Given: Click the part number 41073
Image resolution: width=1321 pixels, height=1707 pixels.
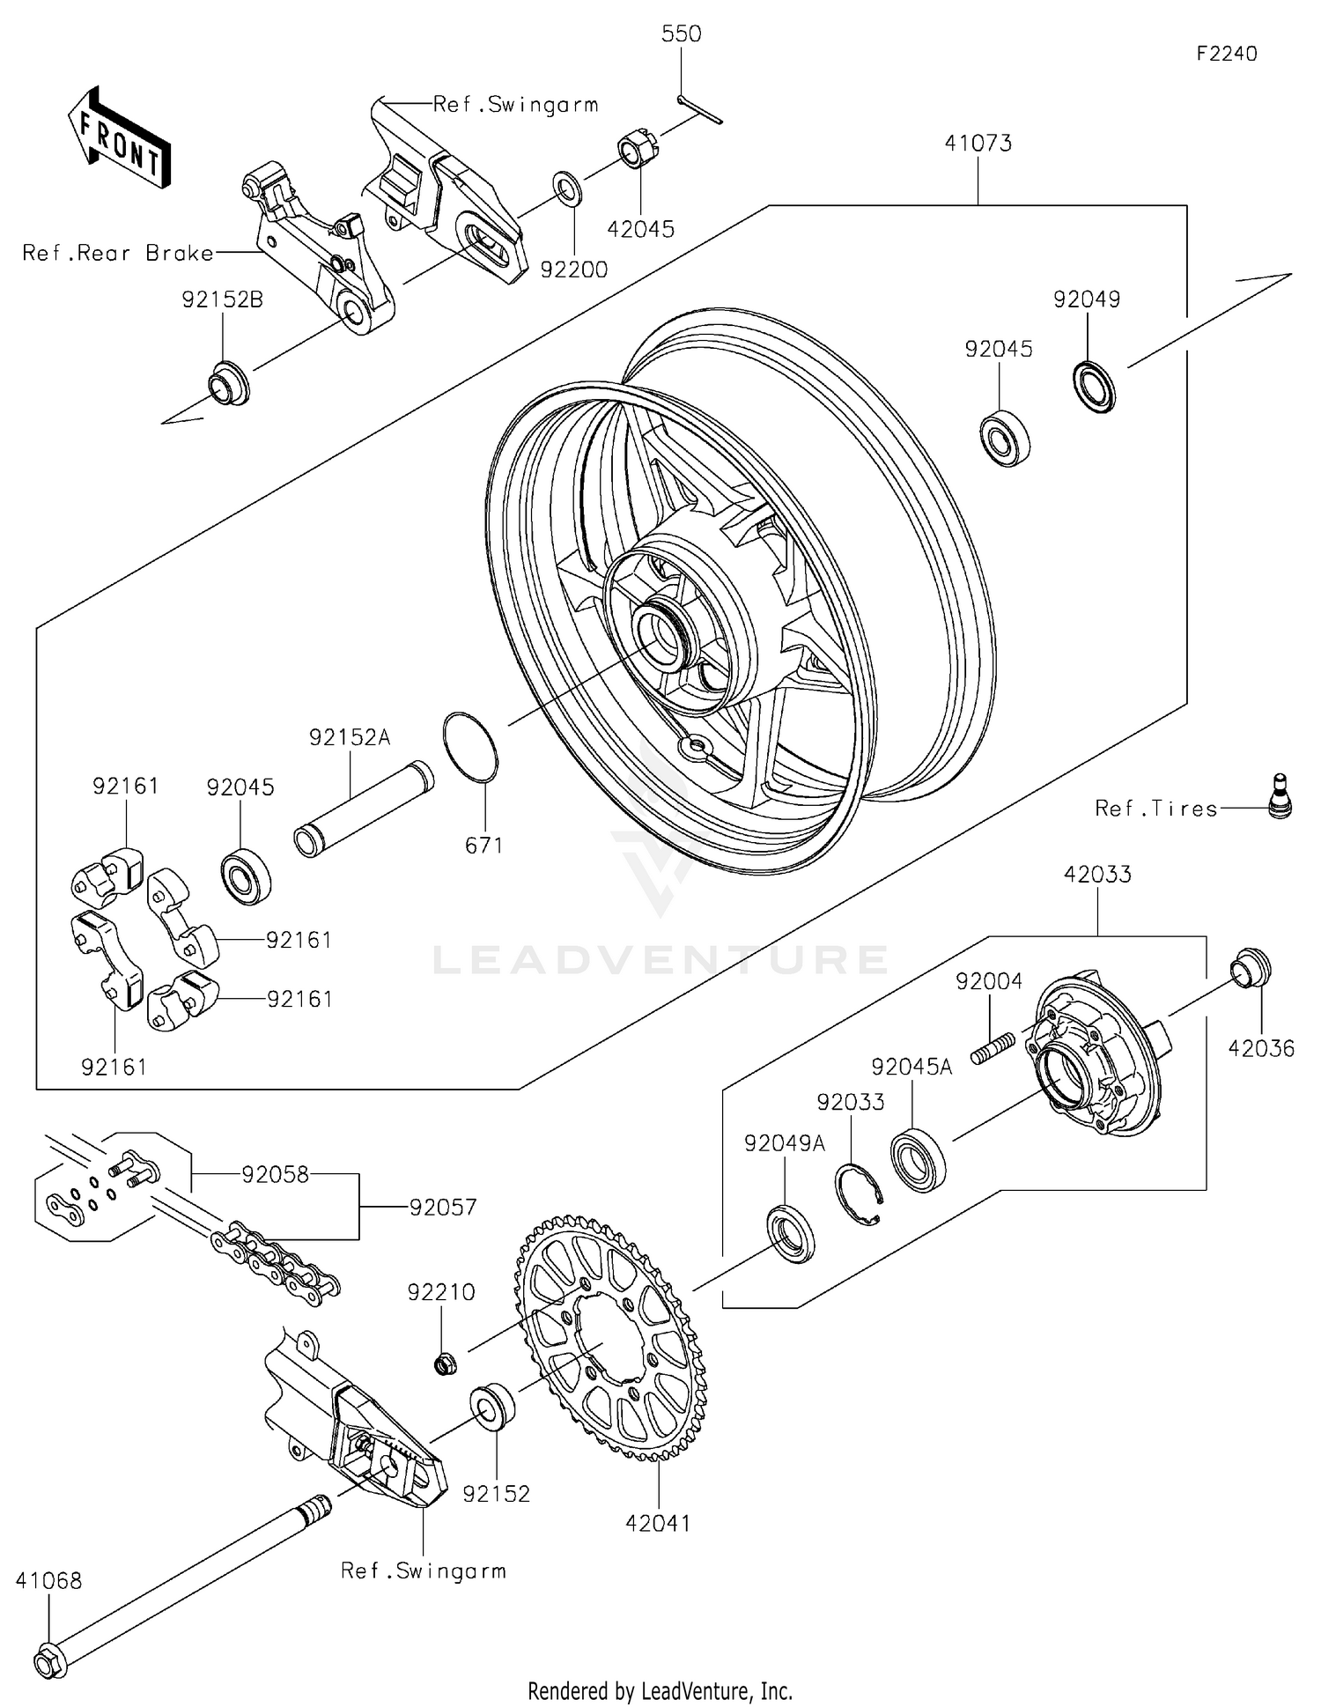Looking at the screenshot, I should pyautogui.click(x=978, y=143).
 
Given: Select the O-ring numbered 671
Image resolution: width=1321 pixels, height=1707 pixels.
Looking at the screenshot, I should pyautogui.click(x=470, y=747).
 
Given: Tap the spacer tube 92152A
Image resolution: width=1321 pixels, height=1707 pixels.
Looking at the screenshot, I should pyautogui.click(x=363, y=808).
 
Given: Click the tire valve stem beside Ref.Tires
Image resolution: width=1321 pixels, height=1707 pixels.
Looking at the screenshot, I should pyautogui.click(x=1280, y=795).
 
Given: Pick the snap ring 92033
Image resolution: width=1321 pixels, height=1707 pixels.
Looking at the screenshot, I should pyautogui.click(x=860, y=1194).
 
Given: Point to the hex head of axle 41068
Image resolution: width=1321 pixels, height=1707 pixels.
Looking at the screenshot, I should pyautogui.click(x=48, y=1661).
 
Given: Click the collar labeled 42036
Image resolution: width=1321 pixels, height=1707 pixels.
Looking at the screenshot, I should pyautogui.click(x=1251, y=967).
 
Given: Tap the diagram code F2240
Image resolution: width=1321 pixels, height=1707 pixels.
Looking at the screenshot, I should pyautogui.click(x=1227, y=54).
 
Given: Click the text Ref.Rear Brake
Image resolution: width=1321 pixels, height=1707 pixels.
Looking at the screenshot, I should pyautogui.click(x=118, y=254).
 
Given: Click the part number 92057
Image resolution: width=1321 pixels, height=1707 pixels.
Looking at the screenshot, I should pyautogui.click(x=443, y=1207).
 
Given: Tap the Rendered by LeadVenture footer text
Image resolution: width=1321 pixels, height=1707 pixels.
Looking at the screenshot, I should pyautogui.click(x=660, y=1690).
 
